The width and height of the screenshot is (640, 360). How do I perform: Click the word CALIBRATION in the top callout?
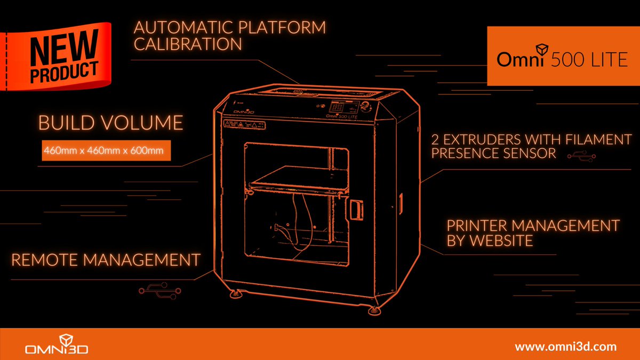[x=188, y=44]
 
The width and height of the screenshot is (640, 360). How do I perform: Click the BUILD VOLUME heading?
[x=111, y=123]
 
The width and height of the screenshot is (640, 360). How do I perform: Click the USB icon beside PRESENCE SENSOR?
[x=579, y=155]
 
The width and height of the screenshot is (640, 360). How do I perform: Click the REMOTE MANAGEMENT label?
[x=106, y=260]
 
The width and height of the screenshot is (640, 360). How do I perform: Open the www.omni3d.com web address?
[x=565, y=347]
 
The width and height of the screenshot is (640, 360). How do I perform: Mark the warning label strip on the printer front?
[x=244, y=125]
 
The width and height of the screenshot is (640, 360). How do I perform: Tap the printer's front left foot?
[x=234, y=292]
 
